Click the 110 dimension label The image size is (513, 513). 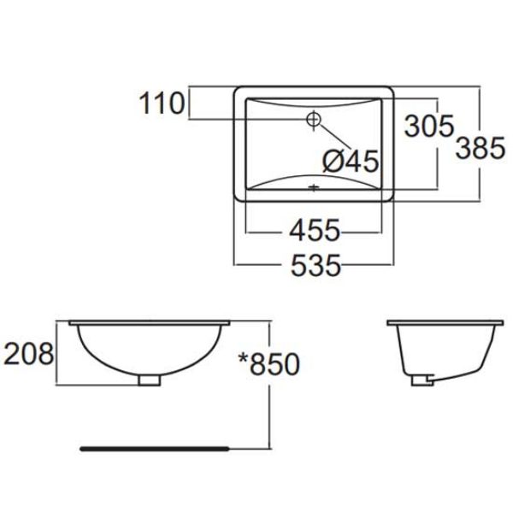point(163,104)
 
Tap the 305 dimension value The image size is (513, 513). point(428,127)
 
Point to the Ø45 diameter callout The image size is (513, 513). point(350,160)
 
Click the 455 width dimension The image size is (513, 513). point(314,230)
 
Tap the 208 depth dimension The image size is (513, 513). point(29,352)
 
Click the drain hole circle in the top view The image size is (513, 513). point(314,119)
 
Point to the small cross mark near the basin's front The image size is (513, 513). point(314,186)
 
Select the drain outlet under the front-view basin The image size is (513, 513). point(149,379)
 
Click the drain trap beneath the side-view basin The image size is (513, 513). point(422,379)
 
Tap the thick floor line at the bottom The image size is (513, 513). point(154,446)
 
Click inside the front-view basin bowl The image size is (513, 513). point(149,346)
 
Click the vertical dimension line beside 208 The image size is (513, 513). point(58,352)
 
